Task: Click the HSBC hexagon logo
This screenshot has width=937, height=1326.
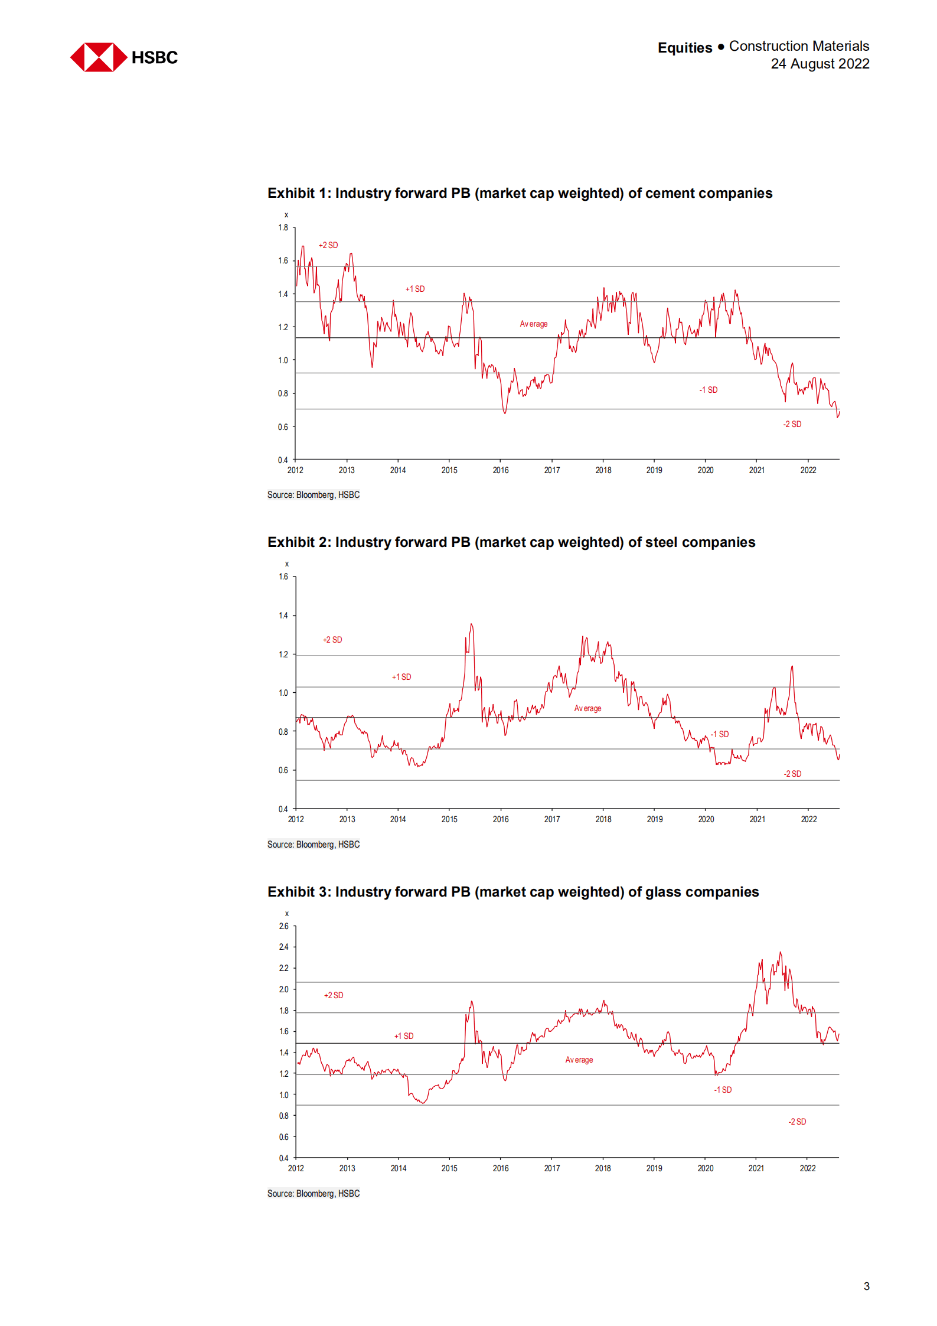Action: tap(99, 57)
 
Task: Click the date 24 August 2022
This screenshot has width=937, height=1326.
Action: tap(820, 64)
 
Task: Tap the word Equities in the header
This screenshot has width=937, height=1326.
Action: tap(684, 47)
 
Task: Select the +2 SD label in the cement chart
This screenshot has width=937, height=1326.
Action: tap(328, 245)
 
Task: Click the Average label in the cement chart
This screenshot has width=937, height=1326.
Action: tap(533, 324)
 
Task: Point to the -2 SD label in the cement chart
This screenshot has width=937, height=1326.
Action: tap(792, 424)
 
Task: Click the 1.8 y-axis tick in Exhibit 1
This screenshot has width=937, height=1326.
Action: tap(283, 227)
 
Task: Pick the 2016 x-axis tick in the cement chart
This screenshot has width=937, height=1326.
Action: tap(500, 470)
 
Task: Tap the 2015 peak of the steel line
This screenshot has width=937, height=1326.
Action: tap(471, 624)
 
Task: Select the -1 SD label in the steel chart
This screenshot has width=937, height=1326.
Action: tap(719, 734)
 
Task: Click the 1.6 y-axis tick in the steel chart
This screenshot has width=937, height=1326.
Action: tap(283, 576)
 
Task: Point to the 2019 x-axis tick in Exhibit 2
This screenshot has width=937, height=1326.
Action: tap(654, 819)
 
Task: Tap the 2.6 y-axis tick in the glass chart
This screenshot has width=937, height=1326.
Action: tap(283, 926)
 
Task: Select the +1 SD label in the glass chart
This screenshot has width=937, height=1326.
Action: tap(404, 1036)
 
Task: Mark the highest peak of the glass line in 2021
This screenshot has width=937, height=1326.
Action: tap(780, 953)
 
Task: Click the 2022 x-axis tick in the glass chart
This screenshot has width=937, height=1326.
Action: tap(807, 1168)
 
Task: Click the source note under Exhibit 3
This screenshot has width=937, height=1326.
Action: tap(313, 1194)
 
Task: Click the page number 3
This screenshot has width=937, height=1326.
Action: tap(866, 1286)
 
